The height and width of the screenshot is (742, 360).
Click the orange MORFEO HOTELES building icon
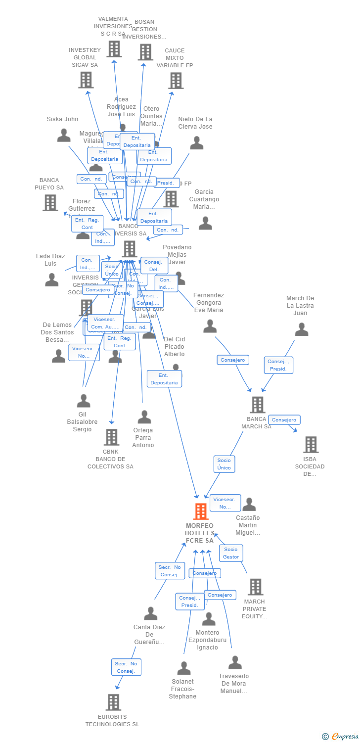coord(201,511)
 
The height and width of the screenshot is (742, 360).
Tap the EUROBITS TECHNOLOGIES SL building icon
coord(113,702)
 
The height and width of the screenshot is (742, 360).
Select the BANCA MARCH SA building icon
coord(257,405)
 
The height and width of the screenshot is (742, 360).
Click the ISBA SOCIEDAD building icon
coord(311,445)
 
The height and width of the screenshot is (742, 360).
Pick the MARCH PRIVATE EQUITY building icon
coord(255,587)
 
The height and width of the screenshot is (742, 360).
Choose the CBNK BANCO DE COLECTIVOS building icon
coord(111,437)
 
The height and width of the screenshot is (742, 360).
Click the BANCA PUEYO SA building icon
coord(50,202)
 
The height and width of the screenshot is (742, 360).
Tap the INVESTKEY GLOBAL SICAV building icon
coord(86,80)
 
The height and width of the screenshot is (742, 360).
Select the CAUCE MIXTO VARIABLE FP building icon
coord(176,80)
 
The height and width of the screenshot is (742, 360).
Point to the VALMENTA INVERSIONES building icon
coord(114,48)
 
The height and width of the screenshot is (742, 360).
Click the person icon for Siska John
coord(64,135)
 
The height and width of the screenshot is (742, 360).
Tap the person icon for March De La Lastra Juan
coord(301,329)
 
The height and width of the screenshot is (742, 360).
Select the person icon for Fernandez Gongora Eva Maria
coord(210,326)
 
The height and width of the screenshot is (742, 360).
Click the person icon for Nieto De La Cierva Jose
coord(196,143)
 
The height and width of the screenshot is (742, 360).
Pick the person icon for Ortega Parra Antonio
coord(144,417)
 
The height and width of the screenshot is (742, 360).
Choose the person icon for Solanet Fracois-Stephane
coord(183,668)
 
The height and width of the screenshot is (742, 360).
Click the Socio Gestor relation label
coord(231,553)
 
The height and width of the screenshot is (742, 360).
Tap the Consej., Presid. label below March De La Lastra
coord(278,365)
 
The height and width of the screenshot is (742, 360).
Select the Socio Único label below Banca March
coord(224,464)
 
